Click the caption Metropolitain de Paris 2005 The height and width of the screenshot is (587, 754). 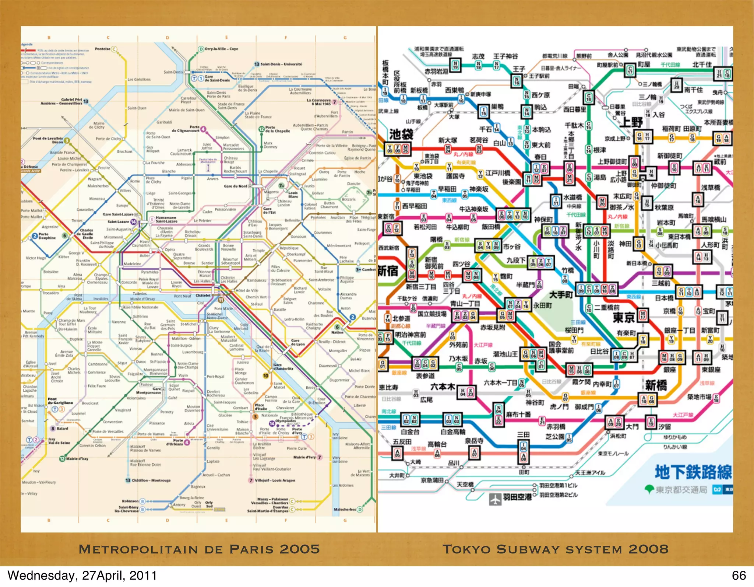click(199, 549)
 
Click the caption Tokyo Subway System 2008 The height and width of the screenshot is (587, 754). click(555, 549)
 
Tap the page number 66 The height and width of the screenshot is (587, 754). click(739, 576)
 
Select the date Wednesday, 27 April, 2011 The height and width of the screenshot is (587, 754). click(82, 576)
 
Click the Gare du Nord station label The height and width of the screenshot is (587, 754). click(236, 186)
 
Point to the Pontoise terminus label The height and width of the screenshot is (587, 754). click(102, 49)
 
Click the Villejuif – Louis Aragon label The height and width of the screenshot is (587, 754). click(275, 481)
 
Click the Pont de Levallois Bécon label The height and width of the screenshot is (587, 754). click(48, 140)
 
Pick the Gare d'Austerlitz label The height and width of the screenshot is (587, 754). click(283, 366)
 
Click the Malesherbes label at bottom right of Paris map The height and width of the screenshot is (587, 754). click(345, 510)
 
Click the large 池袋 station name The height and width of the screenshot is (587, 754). click(401, 134)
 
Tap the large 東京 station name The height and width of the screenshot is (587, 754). click(624, 317)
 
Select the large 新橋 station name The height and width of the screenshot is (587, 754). click(656, 385)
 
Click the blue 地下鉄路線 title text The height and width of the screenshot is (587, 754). click(693, 472)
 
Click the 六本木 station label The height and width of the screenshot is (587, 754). click(443, 387)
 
